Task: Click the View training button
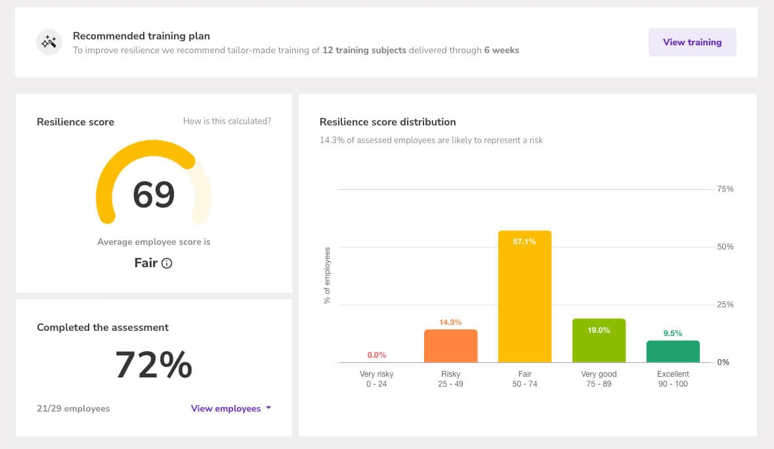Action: pyautogui.click(x=692, y=42)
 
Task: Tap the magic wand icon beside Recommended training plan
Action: pyautogui.click(x=49, y=43)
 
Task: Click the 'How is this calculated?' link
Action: pyautogui.click(x=226, y=121)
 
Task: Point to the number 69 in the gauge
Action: pyautogui.click(x=154, y=195)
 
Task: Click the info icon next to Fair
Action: pyautogui.click(x=167, y=264)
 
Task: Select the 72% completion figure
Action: pyautogui.click(x=154, y=365)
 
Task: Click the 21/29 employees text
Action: pyautogui.click(x=74, y=408)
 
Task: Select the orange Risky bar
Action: pyautogui.click(x=450, y=346)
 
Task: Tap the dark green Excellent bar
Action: pyautogui.click(x=673, y=352)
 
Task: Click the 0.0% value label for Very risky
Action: pyautogui.click(x=377, y=355)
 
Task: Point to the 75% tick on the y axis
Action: pyautogui.click(x=725, y=189)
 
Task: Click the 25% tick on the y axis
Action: pyautogui.click(x=725, y=305)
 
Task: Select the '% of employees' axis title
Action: pyautogui.click(x=326, y=276)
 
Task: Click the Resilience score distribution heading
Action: pyautogui.click(x=387, y=122)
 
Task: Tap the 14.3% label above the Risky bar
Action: pyautogui.click(x=450, y=322)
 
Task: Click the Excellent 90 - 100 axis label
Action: pyautogui.click(x=673, y=379)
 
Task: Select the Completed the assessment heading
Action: pyautogui.click(x=102, y=327)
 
